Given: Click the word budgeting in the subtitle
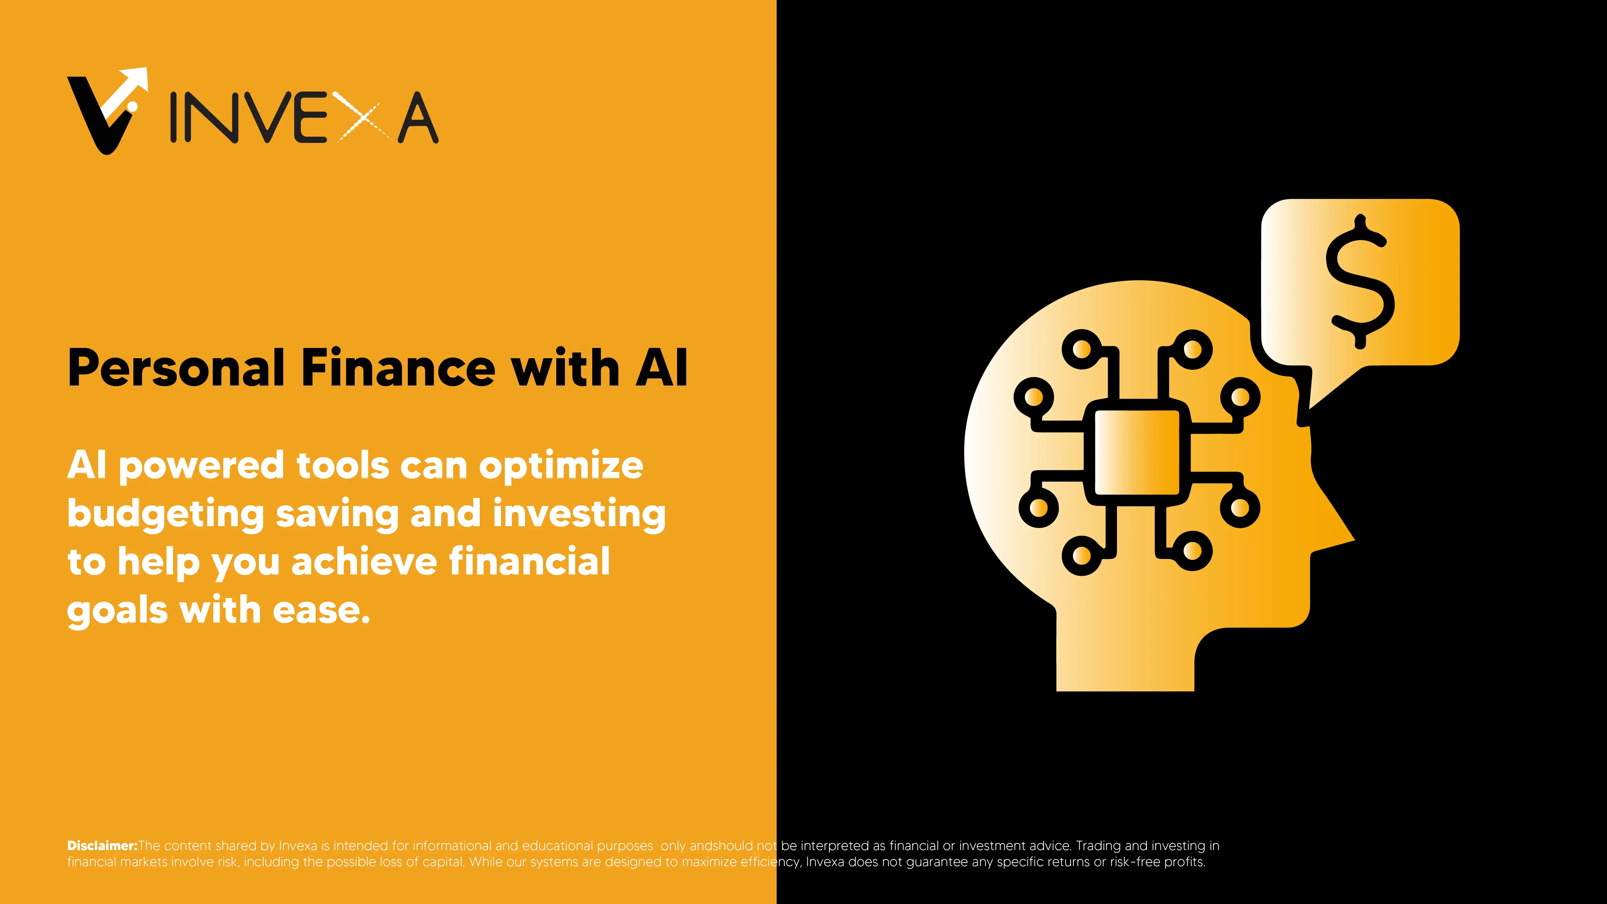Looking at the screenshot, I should tap(165, 515).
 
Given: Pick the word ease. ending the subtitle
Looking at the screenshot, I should tap(321, 610).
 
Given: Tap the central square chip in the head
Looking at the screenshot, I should tap(1137, 452).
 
